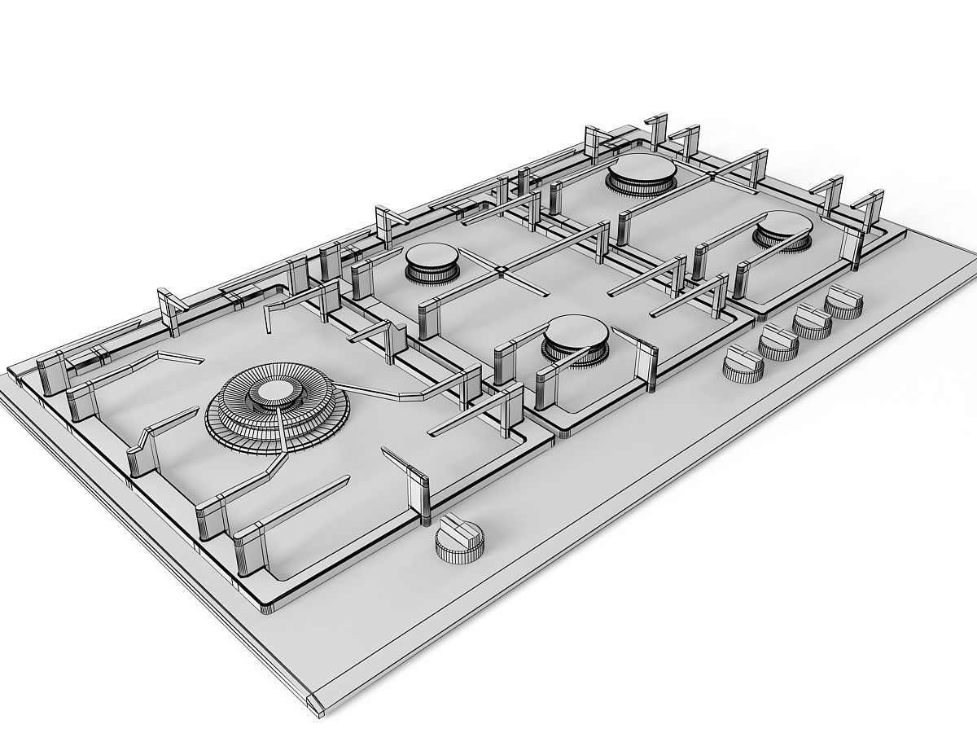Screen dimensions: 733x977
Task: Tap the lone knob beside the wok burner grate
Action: click(x=460, y=538)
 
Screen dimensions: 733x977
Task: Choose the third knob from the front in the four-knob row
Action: click(x=813, y=321)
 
